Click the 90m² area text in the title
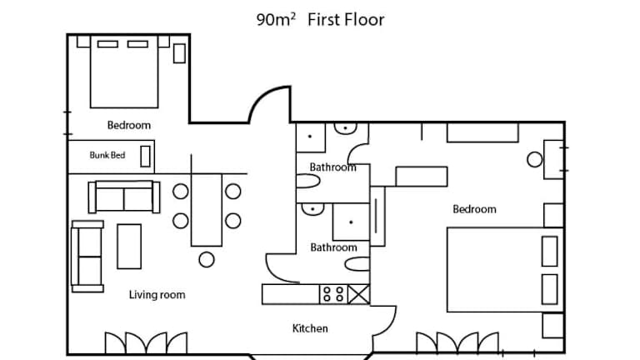[x=276, y=20]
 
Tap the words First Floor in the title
[x=346, y=20]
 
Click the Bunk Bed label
[x=107, y=155]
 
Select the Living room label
[x=157, y=295]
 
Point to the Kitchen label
[x=310, y=328]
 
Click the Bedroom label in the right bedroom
[x=475, y=209]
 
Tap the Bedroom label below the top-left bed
[x=129, y=125]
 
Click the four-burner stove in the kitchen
[x=333, y=294]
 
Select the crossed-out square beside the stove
[x=359, y=294]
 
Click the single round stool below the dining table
[x=207, y=260]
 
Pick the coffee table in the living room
[x=129, y=247]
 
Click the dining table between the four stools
[x=207, y=210]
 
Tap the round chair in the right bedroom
[x=535, y=160]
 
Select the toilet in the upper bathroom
[x=307, y=181]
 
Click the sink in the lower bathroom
[x=312, y=209]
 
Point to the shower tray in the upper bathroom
[x=311, y=137]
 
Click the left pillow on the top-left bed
[x=107, y=44]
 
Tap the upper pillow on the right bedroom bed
[x=550, y=251]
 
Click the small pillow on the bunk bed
[x=145, y=157]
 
